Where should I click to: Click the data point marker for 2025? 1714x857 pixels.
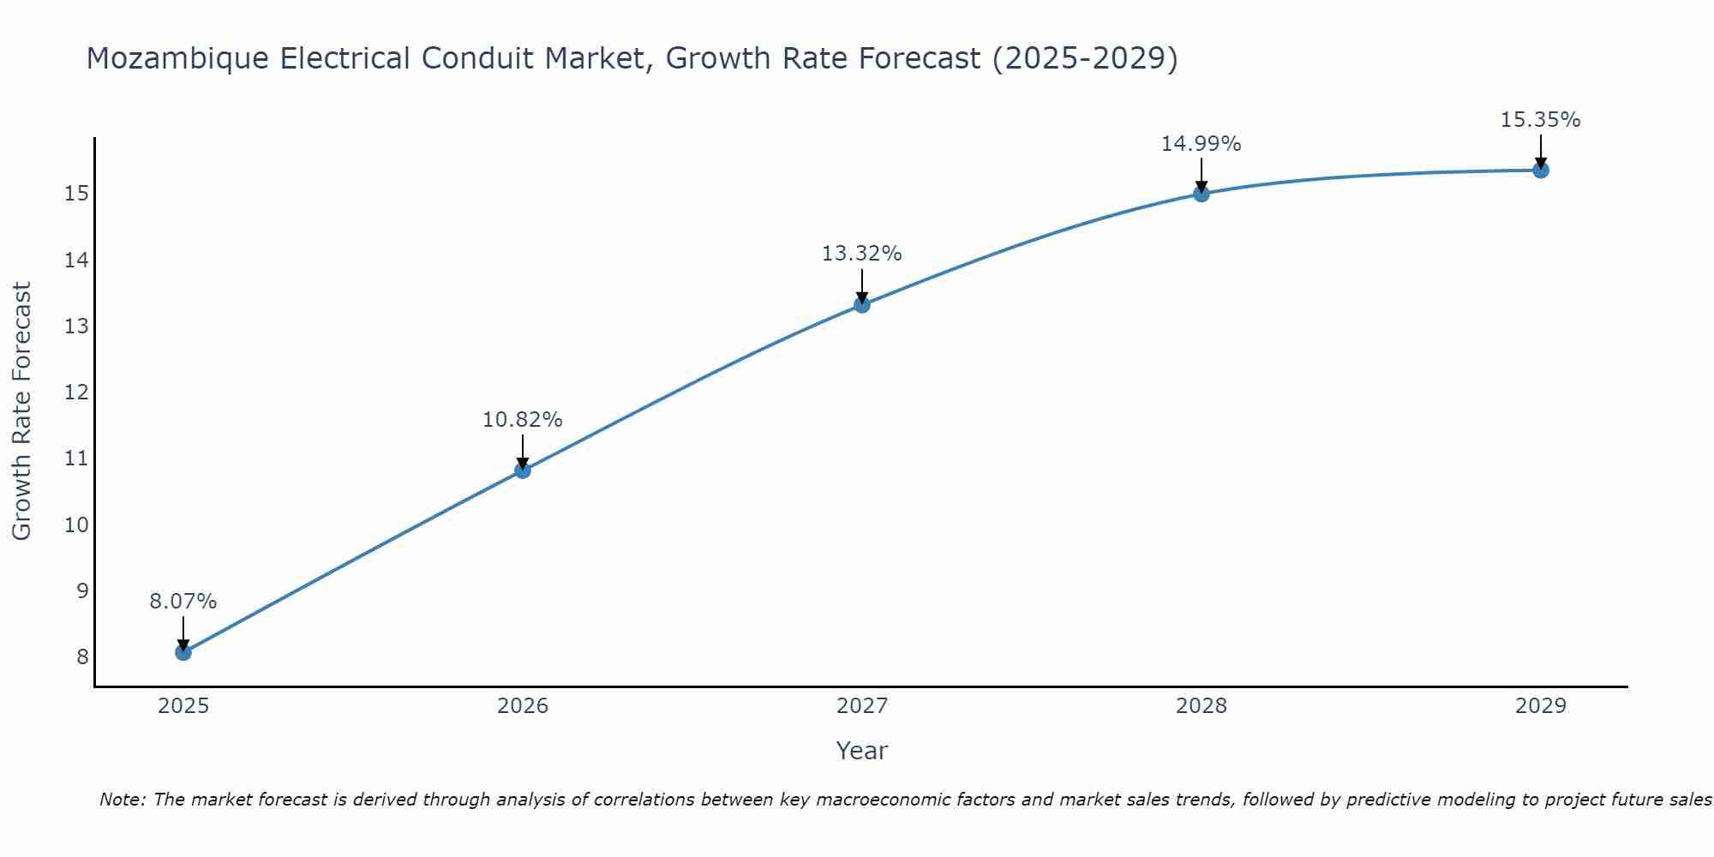183,652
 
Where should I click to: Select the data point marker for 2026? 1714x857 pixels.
523,470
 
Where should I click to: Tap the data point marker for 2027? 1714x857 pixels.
862,304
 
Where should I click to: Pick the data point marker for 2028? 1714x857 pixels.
1202,194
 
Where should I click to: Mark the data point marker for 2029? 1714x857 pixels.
1541,170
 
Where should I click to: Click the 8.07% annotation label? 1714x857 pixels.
183,602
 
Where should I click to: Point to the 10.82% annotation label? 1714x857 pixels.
523,420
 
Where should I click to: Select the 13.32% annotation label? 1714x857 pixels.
862,254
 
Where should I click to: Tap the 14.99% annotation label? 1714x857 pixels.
1202,144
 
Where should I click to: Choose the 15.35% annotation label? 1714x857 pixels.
1541,120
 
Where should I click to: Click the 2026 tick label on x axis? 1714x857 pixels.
523,706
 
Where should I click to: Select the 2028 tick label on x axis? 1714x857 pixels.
1202,706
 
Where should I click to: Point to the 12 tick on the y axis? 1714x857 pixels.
77,393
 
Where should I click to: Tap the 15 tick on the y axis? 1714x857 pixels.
77,194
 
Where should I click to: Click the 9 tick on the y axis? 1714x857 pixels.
82,590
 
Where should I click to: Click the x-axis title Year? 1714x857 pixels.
862,751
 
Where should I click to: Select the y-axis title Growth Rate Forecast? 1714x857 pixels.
22,411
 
